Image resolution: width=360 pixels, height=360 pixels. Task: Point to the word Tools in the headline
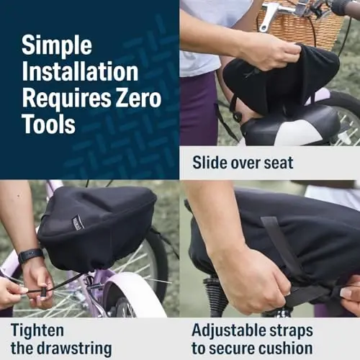pos(48,124)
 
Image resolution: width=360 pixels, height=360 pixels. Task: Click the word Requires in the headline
pos(58,98)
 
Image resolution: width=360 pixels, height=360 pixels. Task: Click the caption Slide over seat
pos(243,163)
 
